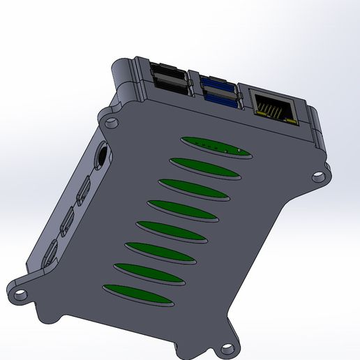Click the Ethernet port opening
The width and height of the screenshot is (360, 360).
[x=273, y=107]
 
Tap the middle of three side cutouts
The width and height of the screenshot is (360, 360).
[x=68, y=221]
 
